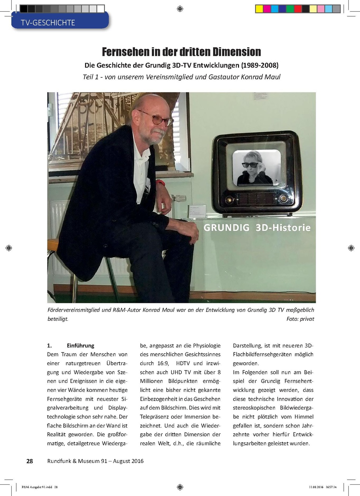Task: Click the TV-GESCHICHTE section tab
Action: pyautogui.click(x=48, y=23)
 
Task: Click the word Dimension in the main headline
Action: pyautogui.click(x=237, y=52)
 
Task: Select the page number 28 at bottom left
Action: pyautogui.click(x=30, y=461)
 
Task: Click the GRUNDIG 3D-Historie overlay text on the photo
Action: pyautogui.click(x=257, y=228)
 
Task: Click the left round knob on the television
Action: pyautogui.click(x=230, y=200)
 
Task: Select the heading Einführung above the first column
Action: pyautogui.click(x=81, y=345)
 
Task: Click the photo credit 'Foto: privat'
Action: pyautogui.click(x=300, y=319)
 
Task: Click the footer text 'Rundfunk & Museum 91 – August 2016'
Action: pyautogui.click(x=95, y=461)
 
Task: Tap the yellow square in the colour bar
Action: pyautogui.click(x=259, y=9)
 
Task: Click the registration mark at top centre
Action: pyautogui.click(x=180, y=9)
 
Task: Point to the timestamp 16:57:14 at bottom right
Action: pyautogui.click(x=331, y=487)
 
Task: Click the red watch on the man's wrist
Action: pyautogui.click(x=160, y=183)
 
